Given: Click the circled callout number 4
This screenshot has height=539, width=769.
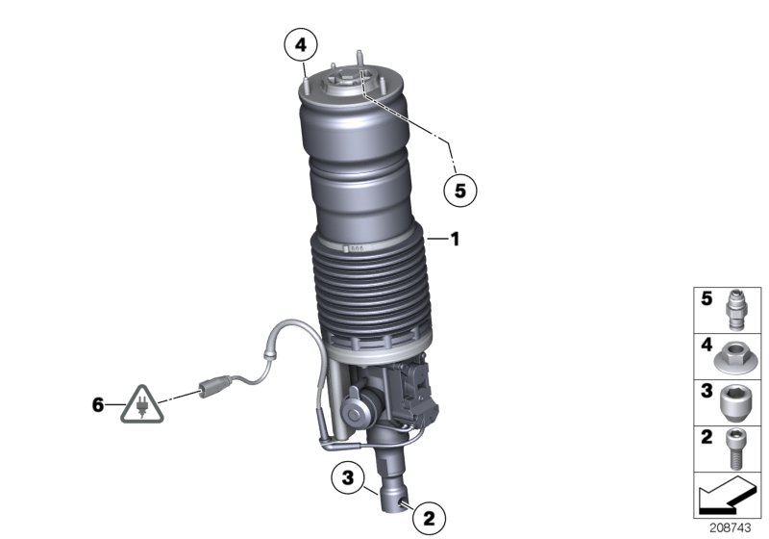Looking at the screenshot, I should pyautogui.click(x=300, y=44).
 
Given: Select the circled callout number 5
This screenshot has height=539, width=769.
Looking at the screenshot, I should pyautogui.click(x=459, y=190).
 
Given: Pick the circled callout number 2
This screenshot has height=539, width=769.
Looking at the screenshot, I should pyautogui.click(x=427, y=517).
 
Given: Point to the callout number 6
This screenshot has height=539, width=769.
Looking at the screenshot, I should pyautogui.click(x=97, y=405).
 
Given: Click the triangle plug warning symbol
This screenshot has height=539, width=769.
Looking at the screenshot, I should pyautogui.click(x=136, y=408).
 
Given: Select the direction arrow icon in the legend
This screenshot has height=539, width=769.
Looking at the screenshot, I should pyautogui.click(x=726, y=497).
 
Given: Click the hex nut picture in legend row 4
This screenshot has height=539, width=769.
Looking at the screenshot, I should pyautogui.click(x=734, y=353).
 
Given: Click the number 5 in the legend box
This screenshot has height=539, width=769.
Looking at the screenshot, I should pyautogui.click(x=706, y=298).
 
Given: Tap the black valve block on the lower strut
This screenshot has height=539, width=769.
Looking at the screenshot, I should pyautogui.click(x=421, y=390).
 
